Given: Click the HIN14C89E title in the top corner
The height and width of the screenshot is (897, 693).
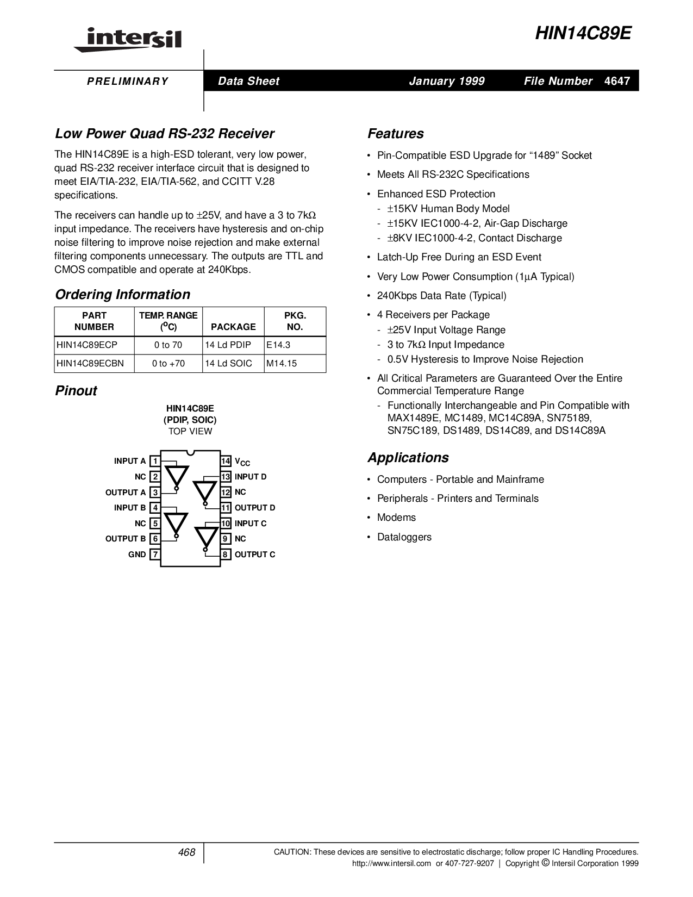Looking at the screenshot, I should tap(583, 34).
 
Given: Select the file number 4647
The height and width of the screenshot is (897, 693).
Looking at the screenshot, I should tap(617, 81).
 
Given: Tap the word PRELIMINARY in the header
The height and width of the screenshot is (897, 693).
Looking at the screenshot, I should tap(128, 82).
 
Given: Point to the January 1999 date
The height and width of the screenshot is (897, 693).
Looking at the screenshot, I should tap(446, 81).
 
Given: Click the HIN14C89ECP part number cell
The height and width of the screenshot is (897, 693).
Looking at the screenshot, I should tap(87, 345).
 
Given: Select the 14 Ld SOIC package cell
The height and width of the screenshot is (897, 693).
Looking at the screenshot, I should tap(228, 363).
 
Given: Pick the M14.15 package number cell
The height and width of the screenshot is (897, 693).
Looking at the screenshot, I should tap(282, 363).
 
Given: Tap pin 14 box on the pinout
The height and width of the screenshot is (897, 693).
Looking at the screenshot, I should tap(226, 461).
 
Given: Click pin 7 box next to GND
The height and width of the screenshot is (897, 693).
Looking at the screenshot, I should tap(155, 555).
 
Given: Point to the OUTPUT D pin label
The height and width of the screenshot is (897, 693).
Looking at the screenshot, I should tap(255, 508).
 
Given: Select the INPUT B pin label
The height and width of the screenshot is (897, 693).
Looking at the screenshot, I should tap(130, 508).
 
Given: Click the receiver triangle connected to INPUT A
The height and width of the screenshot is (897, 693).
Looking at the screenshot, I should tap(176, 475).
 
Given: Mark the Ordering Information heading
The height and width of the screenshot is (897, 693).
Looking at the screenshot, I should tap(123, 295).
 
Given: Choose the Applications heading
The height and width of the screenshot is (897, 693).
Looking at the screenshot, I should tap(408, 458).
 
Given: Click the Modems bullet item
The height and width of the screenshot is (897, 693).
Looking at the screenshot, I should tap(396, 518).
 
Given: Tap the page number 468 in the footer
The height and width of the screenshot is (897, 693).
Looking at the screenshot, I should tap(186, 852).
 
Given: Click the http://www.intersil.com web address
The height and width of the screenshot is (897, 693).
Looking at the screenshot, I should tap(391, 863).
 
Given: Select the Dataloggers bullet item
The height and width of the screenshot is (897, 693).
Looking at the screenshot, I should tap(404, 537).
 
